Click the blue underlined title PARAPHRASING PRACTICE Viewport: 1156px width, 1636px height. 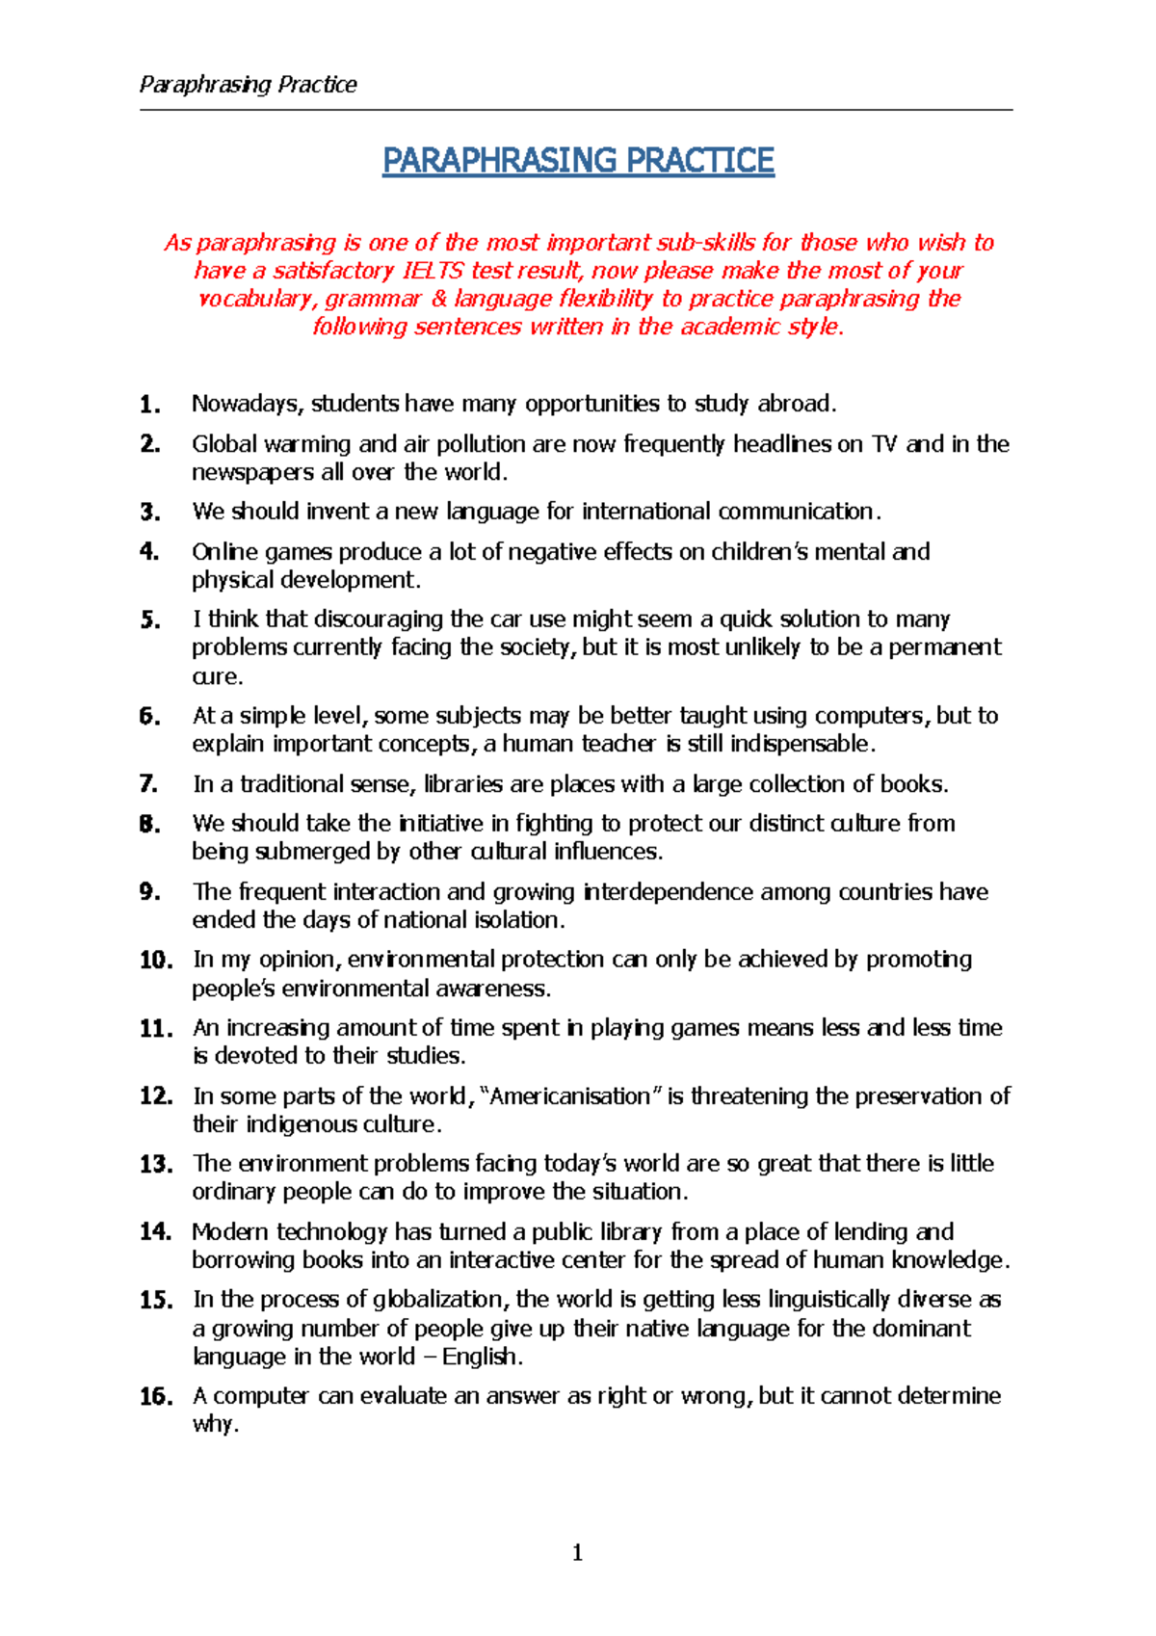[578, 160]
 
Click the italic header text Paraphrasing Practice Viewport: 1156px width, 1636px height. [248, 85]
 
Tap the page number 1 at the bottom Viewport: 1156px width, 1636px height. [577, 1552]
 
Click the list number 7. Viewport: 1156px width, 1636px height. [148, 784]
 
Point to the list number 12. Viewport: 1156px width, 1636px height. [155, 1096]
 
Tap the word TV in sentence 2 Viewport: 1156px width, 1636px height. [884, 444]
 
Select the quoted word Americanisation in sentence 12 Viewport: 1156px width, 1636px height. [570, 1096]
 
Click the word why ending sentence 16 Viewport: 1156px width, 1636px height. [212, 1425]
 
